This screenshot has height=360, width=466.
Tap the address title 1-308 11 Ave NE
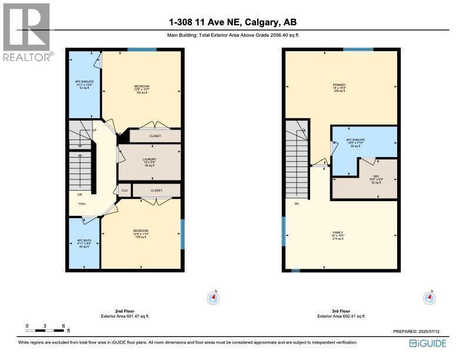(232, 23)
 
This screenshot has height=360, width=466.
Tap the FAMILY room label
(338, 232)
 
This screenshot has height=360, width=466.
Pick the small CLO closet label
(125, 190)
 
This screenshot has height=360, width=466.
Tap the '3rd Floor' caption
(341, 311)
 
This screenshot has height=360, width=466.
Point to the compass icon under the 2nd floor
(213, 298)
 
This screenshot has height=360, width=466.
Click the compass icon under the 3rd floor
(430, 298)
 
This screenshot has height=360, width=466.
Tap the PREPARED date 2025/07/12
(420, 331)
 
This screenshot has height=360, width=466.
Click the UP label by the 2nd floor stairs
(94, 130)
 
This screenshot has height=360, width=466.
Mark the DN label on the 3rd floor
(297, 204)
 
